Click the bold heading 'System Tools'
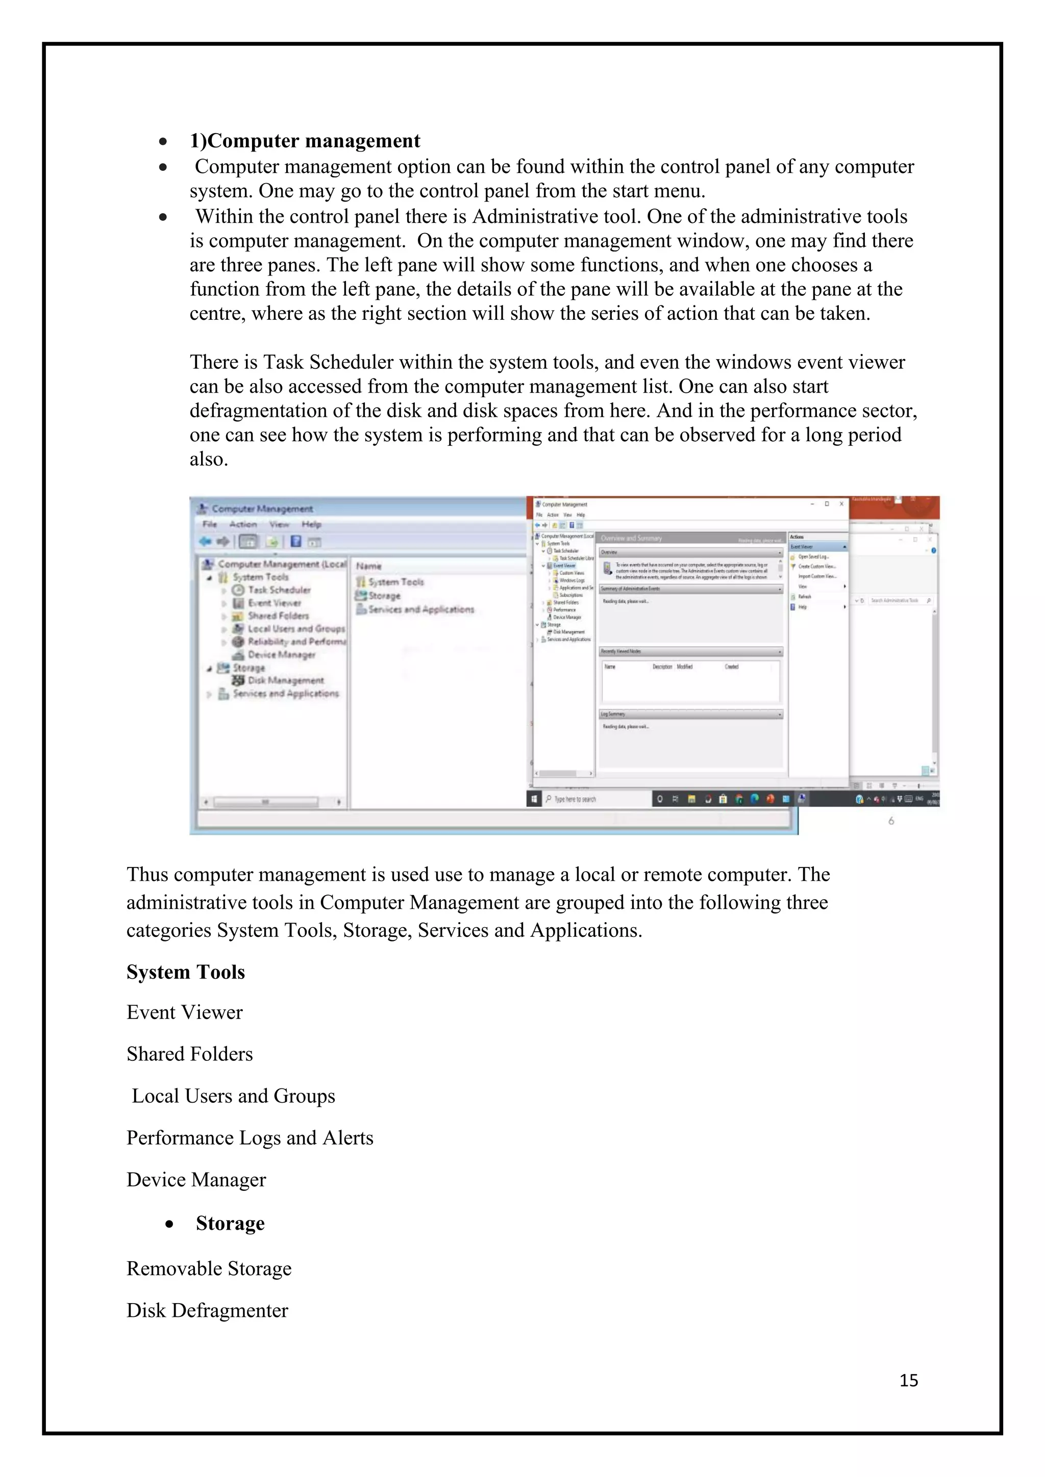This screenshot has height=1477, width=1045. pos(185,972)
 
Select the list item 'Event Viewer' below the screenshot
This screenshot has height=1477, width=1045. pos(185,1012)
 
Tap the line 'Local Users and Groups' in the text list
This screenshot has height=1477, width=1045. pos(233,1096)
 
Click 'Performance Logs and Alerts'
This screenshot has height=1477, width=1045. pos(250,1138)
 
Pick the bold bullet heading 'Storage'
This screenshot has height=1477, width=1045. pos(230,1224)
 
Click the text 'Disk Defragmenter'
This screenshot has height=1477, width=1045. pos(207,1310)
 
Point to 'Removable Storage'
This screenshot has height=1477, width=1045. pos(209,1268)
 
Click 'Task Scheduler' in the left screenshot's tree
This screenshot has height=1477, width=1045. pos(279,590)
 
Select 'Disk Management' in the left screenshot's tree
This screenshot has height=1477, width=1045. pos(285,680)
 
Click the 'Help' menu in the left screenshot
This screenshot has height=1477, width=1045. pos(311,524)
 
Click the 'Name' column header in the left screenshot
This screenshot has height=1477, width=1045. pos(369,566)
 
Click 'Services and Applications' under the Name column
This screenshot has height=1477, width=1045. pos(421,609)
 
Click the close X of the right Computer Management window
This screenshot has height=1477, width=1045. pos(841,504)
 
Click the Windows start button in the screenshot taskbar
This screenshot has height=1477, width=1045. pos(534,799)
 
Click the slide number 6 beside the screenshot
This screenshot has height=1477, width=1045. pos(891,821)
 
